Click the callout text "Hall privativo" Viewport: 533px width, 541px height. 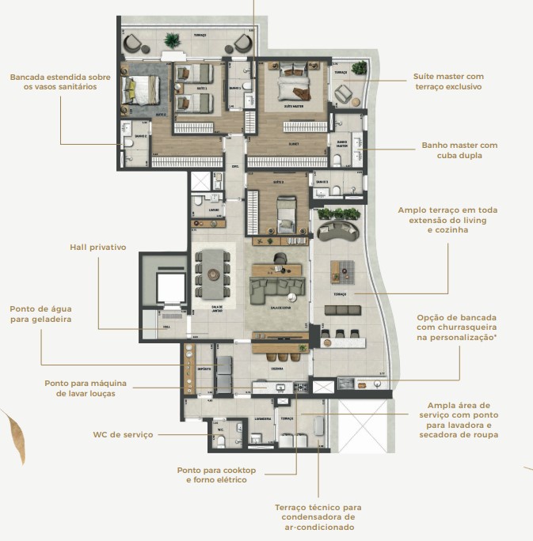(97, 247)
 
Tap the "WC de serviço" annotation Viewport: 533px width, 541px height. (123, 434)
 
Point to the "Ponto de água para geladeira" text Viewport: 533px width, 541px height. (40, 314)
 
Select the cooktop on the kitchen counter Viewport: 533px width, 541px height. (300, 387)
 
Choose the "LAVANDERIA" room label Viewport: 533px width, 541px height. (263, 418)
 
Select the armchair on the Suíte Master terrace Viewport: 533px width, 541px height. (345, 93)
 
